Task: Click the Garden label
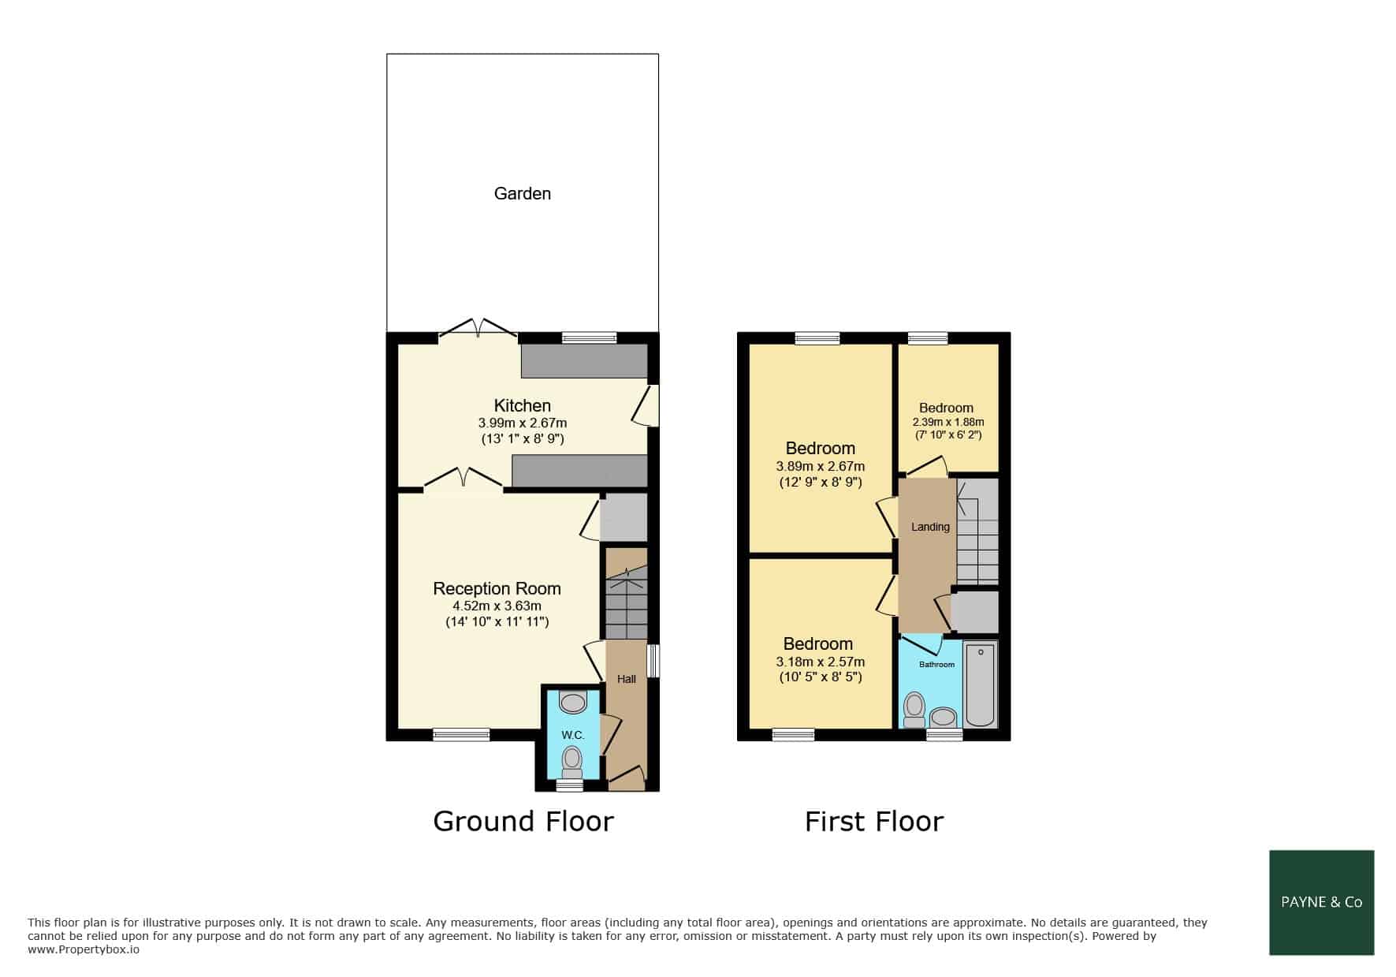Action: point(522,193)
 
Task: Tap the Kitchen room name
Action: point(522,406)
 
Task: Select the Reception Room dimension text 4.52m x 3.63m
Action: point(497,606)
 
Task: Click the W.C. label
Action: point(573,735)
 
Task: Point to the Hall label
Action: point(627,679)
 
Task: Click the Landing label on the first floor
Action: point(930,527)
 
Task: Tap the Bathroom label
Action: point(936,665)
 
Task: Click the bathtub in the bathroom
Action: point(981,684)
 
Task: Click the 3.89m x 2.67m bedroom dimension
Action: point(820,466)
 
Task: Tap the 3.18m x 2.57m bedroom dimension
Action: point(820,662)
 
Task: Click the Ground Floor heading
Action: point(523,822)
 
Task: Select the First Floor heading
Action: point(874,822)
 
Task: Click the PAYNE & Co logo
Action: point(1322,903)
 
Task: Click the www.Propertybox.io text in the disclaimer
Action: point(84,950)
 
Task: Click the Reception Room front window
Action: point(461,735)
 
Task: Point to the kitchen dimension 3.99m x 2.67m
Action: point(522,423)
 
